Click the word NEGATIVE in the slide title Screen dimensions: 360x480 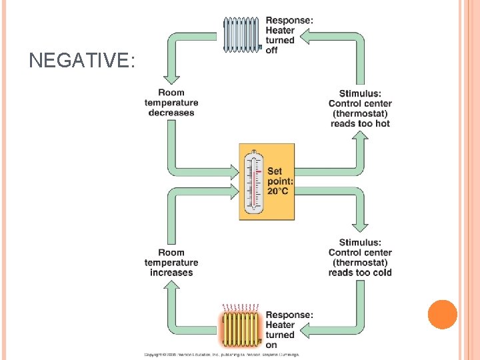click(82, 61)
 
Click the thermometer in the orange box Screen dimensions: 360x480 click(253, 182)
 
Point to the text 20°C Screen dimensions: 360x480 click(279, 191)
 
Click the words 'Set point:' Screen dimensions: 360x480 click(280, 176)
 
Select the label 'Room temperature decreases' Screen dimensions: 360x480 click(171, 103)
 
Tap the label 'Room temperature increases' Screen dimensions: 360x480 click(171, 263)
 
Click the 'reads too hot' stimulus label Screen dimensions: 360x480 click(360, 123)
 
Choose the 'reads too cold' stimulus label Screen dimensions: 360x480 click(360, 273)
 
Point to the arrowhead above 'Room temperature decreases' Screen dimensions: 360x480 click(172, 75)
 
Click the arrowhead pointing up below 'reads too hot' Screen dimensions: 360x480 click(360, 136)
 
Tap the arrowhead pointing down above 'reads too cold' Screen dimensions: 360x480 click(360, 227)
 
